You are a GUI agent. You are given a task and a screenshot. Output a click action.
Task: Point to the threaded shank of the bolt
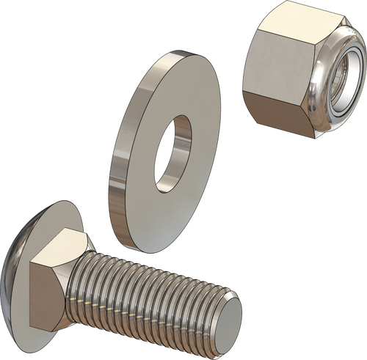point(161,293)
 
